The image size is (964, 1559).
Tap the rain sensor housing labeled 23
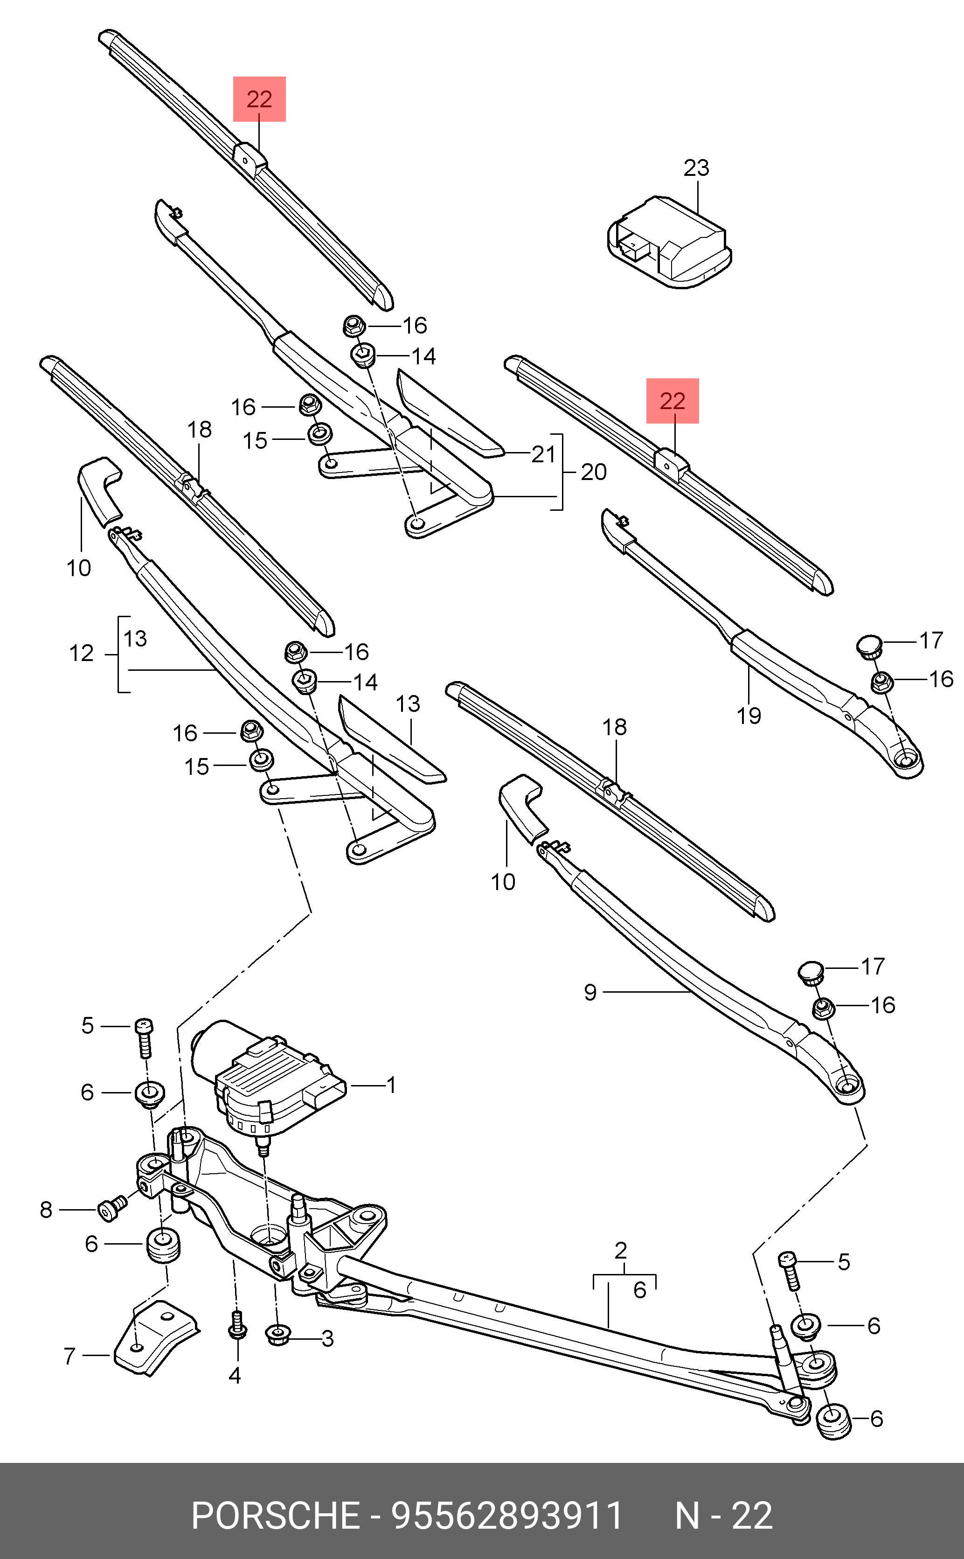tap(669, 242)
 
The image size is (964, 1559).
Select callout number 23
tap(696, 168)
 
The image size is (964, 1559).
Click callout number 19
tap(749, 716)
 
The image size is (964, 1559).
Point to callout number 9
tap(590, 992)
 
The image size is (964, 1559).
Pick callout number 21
tap(544, 455)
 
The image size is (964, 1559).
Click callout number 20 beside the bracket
tap(594, 473)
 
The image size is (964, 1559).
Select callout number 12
tap(82, 654)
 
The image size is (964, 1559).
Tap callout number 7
tap(69, 1356)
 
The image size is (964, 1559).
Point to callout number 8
tap(46, 1210)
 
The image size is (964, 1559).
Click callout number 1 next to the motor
tap(391, 1085)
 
